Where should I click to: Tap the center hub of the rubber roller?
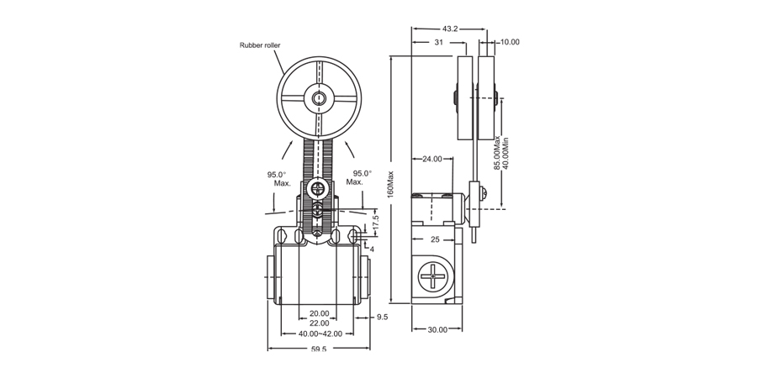(318, 99)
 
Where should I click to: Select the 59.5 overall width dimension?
(319, 349)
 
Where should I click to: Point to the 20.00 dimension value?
(319, 313)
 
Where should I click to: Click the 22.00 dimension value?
(319, 323)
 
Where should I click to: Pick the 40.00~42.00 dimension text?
(319, 333)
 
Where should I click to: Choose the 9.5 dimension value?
(382, 318)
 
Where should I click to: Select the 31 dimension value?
(439, 42)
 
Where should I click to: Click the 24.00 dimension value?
(432, 159)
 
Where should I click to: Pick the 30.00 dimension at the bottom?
(437, 329)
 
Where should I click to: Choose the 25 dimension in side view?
(435, 240)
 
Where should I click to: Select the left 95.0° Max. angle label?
(278, 179)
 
